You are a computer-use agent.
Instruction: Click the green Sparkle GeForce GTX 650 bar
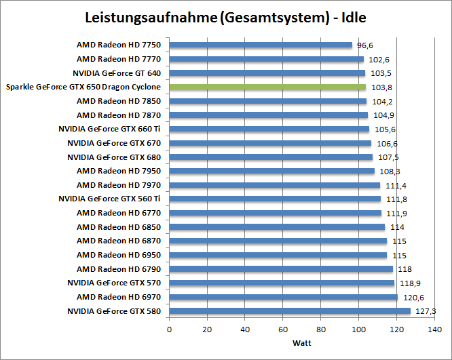[267, 87]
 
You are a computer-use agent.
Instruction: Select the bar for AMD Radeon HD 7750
[261, 45]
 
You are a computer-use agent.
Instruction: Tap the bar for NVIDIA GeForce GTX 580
[290, 311]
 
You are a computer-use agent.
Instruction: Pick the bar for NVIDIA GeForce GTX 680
[271, 157]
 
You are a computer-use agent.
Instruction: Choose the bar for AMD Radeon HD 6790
[281, 269]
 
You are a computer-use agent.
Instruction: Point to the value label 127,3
[424, 311]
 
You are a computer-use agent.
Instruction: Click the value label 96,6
[365, 45]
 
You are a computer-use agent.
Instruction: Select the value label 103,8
[378, 87]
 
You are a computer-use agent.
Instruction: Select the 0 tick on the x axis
[169, 329]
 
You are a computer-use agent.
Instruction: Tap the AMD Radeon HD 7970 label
[119, 185]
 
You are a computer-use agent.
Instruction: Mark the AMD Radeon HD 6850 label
[119, 227]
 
